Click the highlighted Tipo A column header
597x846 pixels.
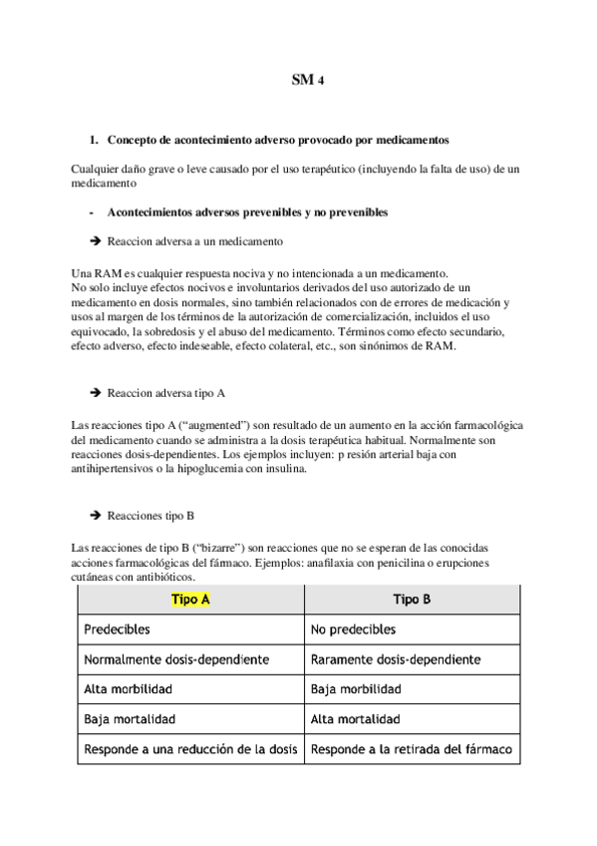pos(190,600)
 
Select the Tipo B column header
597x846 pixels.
pos(412,600)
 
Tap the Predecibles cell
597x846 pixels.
pos(118,630)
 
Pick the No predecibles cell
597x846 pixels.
pos(353,630)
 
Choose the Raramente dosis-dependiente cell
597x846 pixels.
pos(396,659)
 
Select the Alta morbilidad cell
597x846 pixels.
pos(128,689)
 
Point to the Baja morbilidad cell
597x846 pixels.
pos(356,689)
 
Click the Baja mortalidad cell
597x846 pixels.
pos(130,719)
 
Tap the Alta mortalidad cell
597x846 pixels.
pos(356,719)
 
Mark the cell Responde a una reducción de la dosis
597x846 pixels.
pos(190,748)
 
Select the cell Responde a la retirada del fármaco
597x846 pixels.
pos(411,748)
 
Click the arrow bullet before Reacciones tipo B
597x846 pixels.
pos(96,516)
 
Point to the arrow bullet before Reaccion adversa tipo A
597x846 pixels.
pos(96,393)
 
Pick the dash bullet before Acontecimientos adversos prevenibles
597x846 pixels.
pos(92,212)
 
